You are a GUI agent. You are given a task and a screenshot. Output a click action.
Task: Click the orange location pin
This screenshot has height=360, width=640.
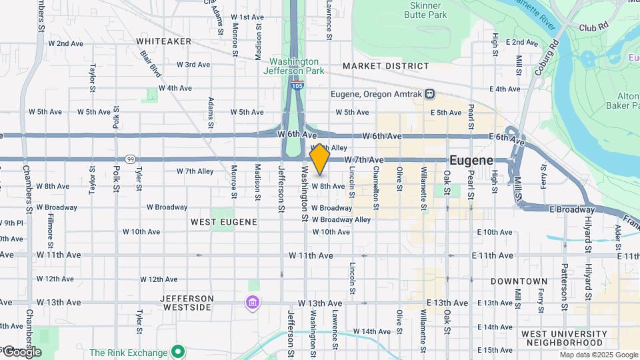click(320, 159)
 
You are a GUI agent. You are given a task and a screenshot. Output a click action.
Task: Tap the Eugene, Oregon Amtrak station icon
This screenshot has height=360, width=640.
click(431, 94)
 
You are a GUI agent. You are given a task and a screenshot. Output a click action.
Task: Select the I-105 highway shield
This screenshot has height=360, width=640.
click(297, 85)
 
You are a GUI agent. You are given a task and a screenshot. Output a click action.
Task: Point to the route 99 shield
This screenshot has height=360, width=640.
click(131, 159)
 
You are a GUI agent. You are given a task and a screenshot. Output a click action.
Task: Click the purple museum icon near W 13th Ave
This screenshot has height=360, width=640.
click(252, 303)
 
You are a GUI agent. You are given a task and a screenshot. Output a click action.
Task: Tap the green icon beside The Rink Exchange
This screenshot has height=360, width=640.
click(177, 351)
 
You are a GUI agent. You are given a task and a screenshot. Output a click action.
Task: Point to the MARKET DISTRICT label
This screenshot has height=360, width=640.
click(385, 66)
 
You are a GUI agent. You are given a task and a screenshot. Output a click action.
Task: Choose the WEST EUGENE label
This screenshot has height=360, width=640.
click(217, 221)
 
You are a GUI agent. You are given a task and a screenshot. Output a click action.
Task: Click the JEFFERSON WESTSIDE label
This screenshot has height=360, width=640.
click(187, 303)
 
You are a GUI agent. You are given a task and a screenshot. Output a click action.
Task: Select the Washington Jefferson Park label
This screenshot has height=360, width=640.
click(291, 65)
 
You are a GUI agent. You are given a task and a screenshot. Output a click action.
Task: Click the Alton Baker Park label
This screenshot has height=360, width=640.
click(623, 100)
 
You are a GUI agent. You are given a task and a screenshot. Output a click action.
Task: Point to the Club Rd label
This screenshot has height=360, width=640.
click(595, 28)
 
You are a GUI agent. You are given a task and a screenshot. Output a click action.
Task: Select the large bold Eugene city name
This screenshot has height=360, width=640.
click(471, 161)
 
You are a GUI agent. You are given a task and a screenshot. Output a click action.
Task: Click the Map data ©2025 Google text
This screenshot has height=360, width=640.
click(598, 355)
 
